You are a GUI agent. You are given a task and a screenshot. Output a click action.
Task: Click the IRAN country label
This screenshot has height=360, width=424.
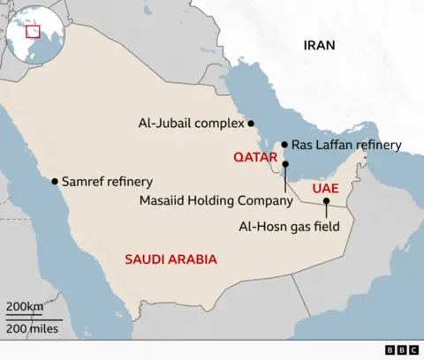(x=319, y=45)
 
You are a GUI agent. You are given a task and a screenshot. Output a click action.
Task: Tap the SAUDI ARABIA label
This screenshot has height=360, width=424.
(x=170, y=259)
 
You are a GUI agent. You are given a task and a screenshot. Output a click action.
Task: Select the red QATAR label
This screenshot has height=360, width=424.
(x=255, y=156)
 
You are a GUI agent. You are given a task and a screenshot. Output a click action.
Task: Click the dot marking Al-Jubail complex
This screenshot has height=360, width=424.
(x=252, y=124)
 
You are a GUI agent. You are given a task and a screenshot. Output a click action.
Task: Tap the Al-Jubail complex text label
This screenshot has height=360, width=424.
(x=190, y=124)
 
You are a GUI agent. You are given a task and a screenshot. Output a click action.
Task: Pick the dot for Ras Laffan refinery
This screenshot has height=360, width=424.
(x=284, y=145)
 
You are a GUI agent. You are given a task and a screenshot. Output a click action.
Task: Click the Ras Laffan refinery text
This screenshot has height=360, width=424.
(x=346, y=145)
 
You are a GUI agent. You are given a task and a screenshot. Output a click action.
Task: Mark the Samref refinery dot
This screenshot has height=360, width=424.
(x=55, y=181)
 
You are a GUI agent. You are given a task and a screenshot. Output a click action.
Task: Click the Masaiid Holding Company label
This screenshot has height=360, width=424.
(x=216, y=201)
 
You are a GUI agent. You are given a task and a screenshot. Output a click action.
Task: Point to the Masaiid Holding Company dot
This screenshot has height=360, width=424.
(x=285, y=164)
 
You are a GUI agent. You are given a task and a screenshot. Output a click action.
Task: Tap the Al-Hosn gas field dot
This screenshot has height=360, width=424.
(x=327, y=201)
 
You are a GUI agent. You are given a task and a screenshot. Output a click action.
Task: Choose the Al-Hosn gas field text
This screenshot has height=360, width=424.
(x=290, y=226)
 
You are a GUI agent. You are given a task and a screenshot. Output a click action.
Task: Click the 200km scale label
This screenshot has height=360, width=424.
(x=25, y=306)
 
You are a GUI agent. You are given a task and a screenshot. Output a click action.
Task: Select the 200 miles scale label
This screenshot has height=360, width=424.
(x=33, y=329)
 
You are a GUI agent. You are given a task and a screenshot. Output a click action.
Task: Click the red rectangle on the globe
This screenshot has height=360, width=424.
(x=34, y=32)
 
